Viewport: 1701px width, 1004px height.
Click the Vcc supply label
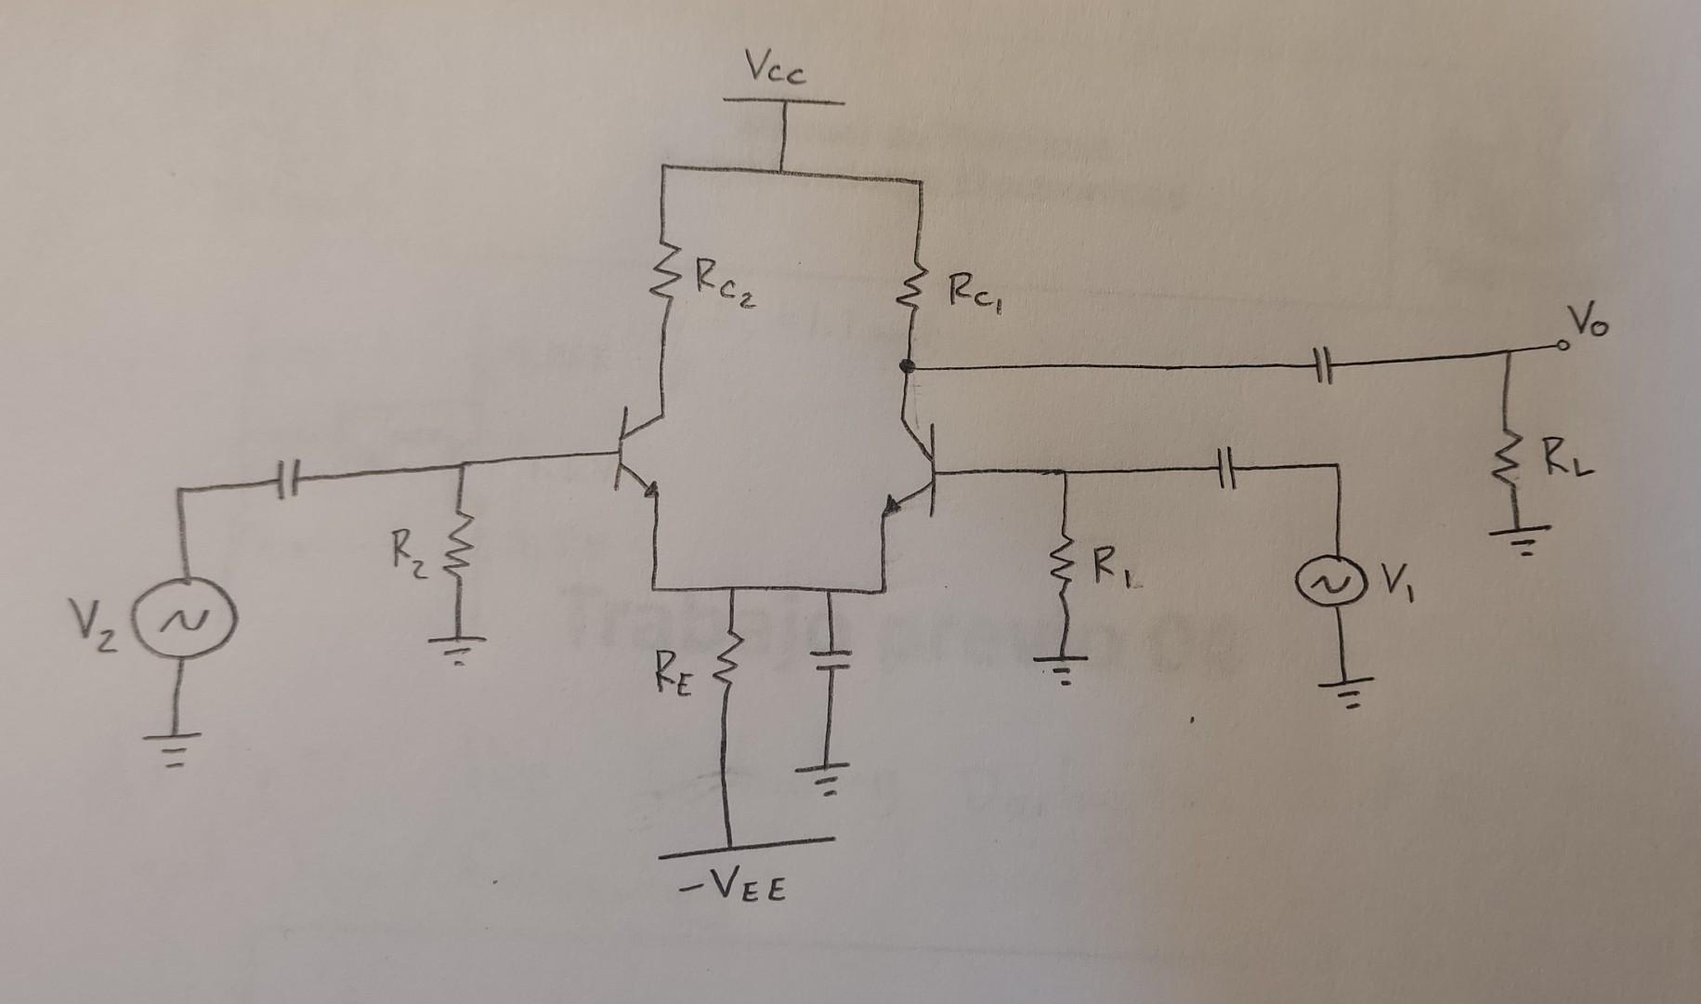coord(776,71)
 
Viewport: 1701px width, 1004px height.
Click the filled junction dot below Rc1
coord(908,367)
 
